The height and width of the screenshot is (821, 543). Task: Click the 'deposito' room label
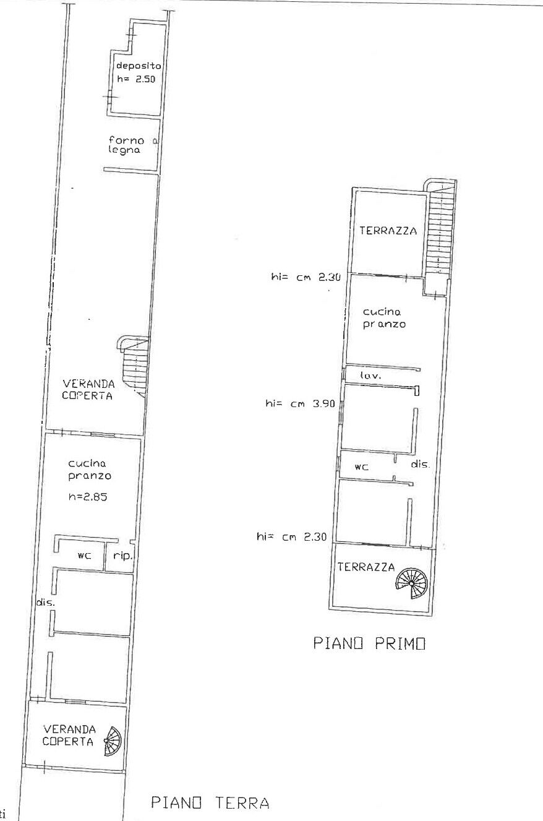coord(139,66)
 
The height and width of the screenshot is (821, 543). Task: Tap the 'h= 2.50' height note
coord(136,79)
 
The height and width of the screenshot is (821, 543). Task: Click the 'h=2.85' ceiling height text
coord(88,497)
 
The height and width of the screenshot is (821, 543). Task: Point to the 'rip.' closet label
coord(122,556)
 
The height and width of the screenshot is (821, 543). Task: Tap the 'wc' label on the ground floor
coord(84,556)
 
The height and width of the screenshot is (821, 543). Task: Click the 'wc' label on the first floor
coord(361,466)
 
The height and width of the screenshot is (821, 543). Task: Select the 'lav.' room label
coord(371,376)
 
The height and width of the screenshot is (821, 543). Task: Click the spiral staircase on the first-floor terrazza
coord(412,583)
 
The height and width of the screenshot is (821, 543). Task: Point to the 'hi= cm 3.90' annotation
coord(300,403)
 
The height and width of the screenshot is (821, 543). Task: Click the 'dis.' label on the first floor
coord(420,464)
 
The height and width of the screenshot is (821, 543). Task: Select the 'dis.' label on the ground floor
coord(45,602)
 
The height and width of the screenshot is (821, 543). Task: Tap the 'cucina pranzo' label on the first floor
coord(384,318)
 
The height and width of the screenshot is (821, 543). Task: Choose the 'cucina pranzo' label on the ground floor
coord(90,470)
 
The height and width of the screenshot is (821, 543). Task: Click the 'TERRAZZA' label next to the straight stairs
coord(388,231)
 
